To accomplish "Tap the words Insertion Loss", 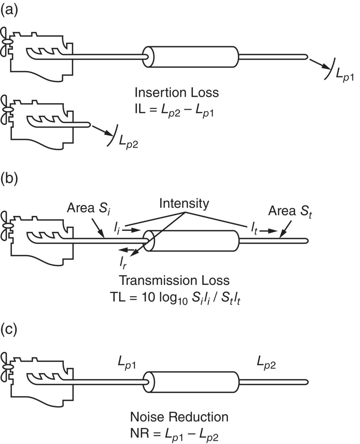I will point(177,92).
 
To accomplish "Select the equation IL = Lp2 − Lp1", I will point(175,111).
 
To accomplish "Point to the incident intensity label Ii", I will point(117,230).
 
